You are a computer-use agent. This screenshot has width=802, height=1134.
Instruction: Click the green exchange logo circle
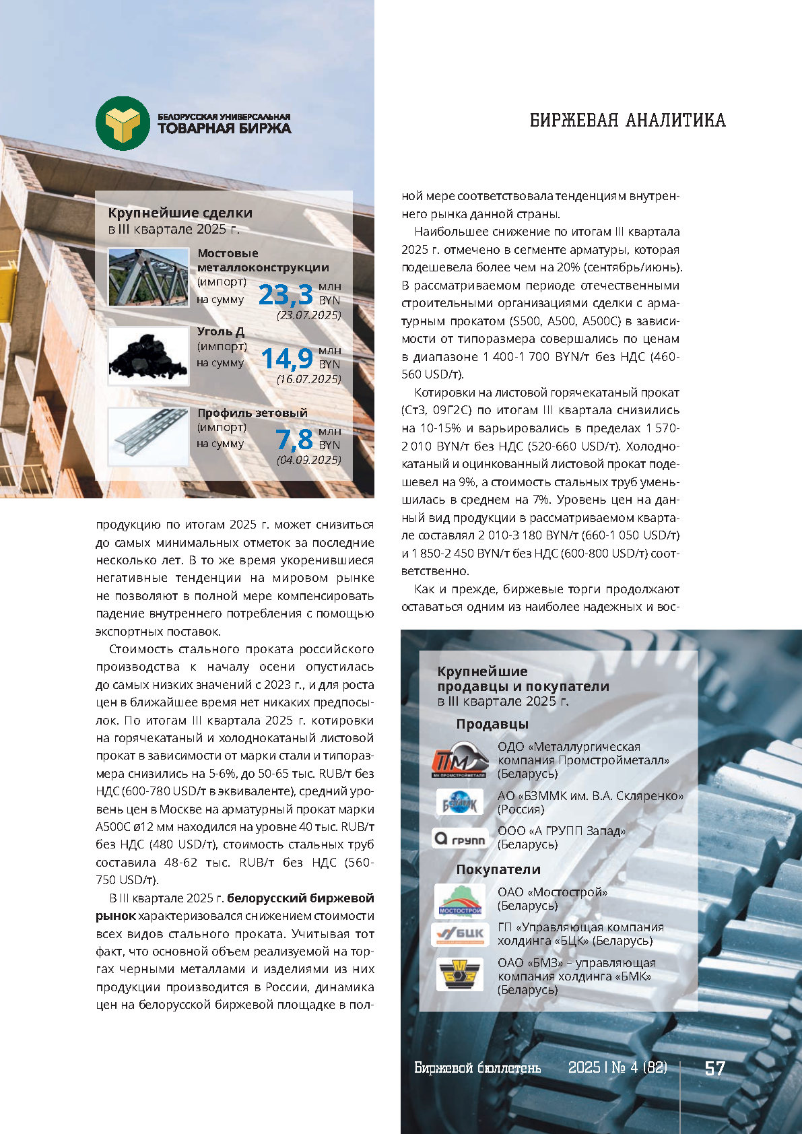click(123, 123)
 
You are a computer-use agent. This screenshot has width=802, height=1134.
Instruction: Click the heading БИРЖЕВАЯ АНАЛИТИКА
click(628, 121)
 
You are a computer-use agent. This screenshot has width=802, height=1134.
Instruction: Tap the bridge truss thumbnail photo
click(149, 277)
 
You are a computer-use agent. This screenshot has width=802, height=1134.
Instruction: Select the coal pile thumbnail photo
click(149, 356)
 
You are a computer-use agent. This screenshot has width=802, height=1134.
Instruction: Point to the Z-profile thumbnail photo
click(149, 436)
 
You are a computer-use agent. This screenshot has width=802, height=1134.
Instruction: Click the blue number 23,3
click(286, 295)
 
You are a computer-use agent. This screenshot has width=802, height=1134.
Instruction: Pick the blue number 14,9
click(287, 359)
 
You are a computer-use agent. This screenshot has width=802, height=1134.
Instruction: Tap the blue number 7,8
click(294, 440)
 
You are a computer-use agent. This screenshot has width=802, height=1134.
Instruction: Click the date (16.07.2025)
click(309, 379)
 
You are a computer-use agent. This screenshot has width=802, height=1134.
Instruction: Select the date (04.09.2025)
click(309, 460)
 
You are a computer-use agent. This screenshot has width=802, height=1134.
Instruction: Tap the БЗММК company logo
click(460, 803)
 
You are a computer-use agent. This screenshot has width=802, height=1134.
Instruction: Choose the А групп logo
click(460, 838)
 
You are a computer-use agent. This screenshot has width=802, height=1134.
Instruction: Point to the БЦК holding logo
click(460, 934)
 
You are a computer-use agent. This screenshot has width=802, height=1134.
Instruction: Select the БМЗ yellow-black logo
click(460, 974)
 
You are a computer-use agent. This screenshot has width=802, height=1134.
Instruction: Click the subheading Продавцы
click(492, 724)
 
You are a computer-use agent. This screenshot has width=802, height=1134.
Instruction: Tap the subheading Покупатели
click(498, 869)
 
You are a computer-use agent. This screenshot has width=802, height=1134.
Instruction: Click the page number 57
click(714, 1068)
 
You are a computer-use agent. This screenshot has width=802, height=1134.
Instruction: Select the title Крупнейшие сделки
click(180, 213)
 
